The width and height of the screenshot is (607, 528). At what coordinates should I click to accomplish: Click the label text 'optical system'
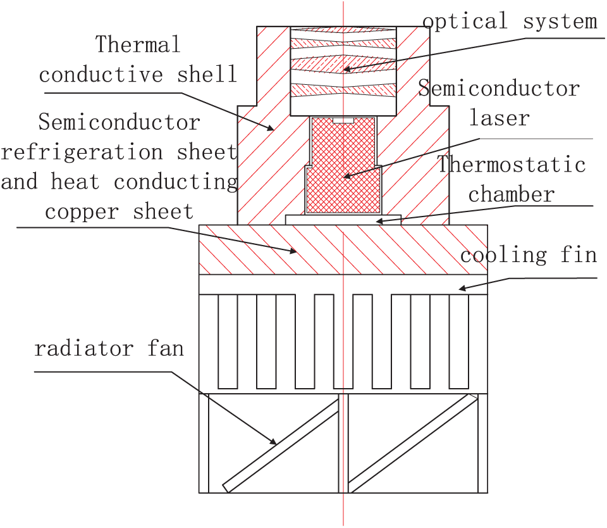point(510,22)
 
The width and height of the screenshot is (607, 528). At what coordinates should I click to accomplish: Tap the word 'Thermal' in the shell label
point(138,44)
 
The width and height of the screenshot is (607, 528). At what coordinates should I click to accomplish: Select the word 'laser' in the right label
point(500,118)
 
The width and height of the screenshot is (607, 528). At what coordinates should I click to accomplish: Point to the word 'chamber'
point(512,194)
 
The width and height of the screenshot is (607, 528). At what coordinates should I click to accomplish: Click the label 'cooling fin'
point(529,255)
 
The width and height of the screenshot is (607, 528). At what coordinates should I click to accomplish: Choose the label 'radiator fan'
point(109,348)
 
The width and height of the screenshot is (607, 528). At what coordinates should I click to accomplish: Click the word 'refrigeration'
point(81,152)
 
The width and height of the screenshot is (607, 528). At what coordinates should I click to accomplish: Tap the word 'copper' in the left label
point(82,211)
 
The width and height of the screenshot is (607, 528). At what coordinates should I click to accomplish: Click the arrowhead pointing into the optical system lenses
point(347,70)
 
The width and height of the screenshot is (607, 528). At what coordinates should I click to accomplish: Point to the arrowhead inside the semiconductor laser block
point(347,176)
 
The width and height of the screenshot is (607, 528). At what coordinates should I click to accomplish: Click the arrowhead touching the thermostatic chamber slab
point(380,222)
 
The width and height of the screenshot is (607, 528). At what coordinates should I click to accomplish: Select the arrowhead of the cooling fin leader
point(463,288)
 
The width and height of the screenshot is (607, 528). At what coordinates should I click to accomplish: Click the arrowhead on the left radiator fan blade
point(273,442)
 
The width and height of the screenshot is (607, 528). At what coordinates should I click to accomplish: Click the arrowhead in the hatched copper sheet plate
point(293,251)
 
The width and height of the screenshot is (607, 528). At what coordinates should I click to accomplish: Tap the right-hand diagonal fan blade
point(413,443)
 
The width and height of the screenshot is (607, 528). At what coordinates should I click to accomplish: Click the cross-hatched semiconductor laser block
point(343,166)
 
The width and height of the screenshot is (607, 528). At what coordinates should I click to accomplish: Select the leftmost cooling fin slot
point(228,341)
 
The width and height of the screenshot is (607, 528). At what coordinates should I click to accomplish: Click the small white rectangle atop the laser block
point(343,120)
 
